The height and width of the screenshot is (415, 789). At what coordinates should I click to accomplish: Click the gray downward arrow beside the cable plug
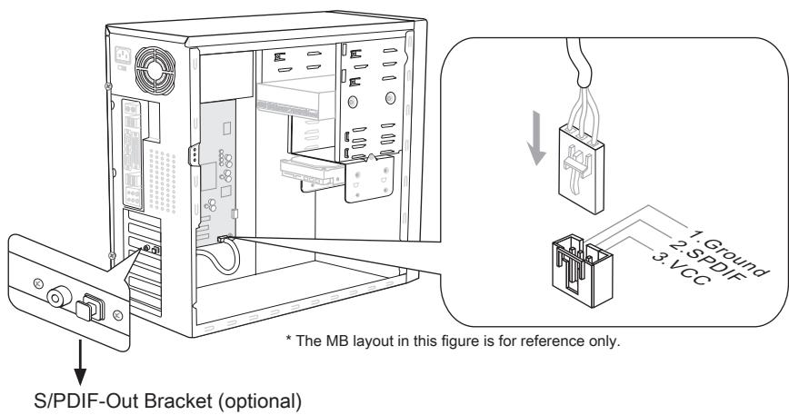click(539, 137)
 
